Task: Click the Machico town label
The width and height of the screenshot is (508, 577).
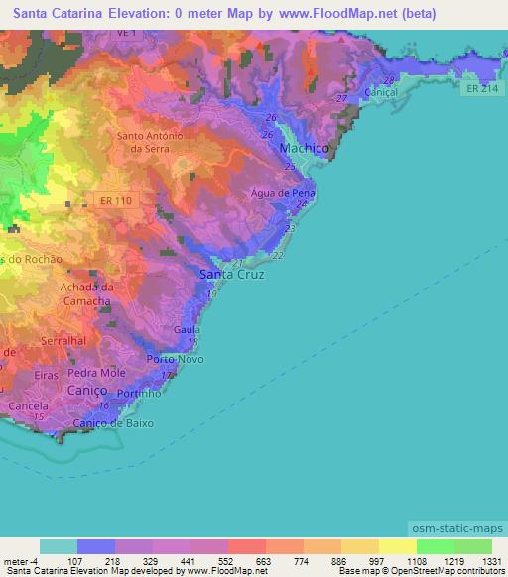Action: click(304, 148)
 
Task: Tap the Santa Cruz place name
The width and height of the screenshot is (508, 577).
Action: click(231, 274)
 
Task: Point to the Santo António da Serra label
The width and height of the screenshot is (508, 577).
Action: click(150, 142)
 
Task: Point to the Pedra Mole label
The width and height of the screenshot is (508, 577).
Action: click(97, 373)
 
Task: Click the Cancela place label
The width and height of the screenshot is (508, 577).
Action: click(27, 406)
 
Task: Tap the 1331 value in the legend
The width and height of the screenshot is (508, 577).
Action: click(490, 560)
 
